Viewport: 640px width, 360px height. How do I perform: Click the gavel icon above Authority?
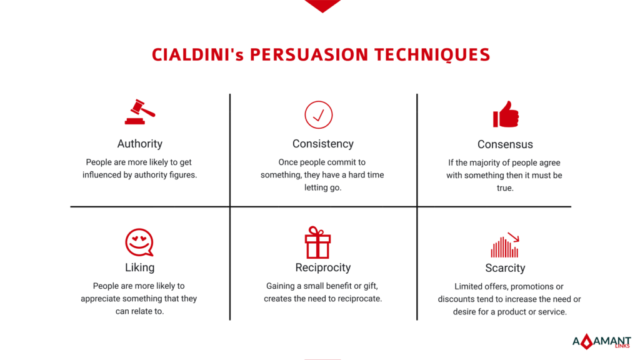[x=139, y=112]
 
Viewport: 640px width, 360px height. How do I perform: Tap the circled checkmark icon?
[x=318, y=114]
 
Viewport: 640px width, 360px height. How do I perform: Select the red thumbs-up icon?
[x=506, y=114]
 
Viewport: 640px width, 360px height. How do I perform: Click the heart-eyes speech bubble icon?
[x=139, y=242]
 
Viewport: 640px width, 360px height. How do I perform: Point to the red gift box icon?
[x=317, y=242]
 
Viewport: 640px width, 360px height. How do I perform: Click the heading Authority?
[x=139, y=144]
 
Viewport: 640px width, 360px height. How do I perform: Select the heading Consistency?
[x=322, y=144]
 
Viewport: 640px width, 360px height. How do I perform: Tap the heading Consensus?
[x=505, y=144]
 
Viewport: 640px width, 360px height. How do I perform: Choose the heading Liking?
[x=139, y=267]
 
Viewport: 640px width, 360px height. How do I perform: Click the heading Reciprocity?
[x=322, y=267]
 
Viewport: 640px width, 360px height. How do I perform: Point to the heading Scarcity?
[x=505, y=268]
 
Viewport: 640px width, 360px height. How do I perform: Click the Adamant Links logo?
[x=601, y=342]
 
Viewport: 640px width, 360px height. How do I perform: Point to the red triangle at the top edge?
[x=322, y=5]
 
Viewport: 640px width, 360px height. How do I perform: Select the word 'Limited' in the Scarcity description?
[x=469, y=287]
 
